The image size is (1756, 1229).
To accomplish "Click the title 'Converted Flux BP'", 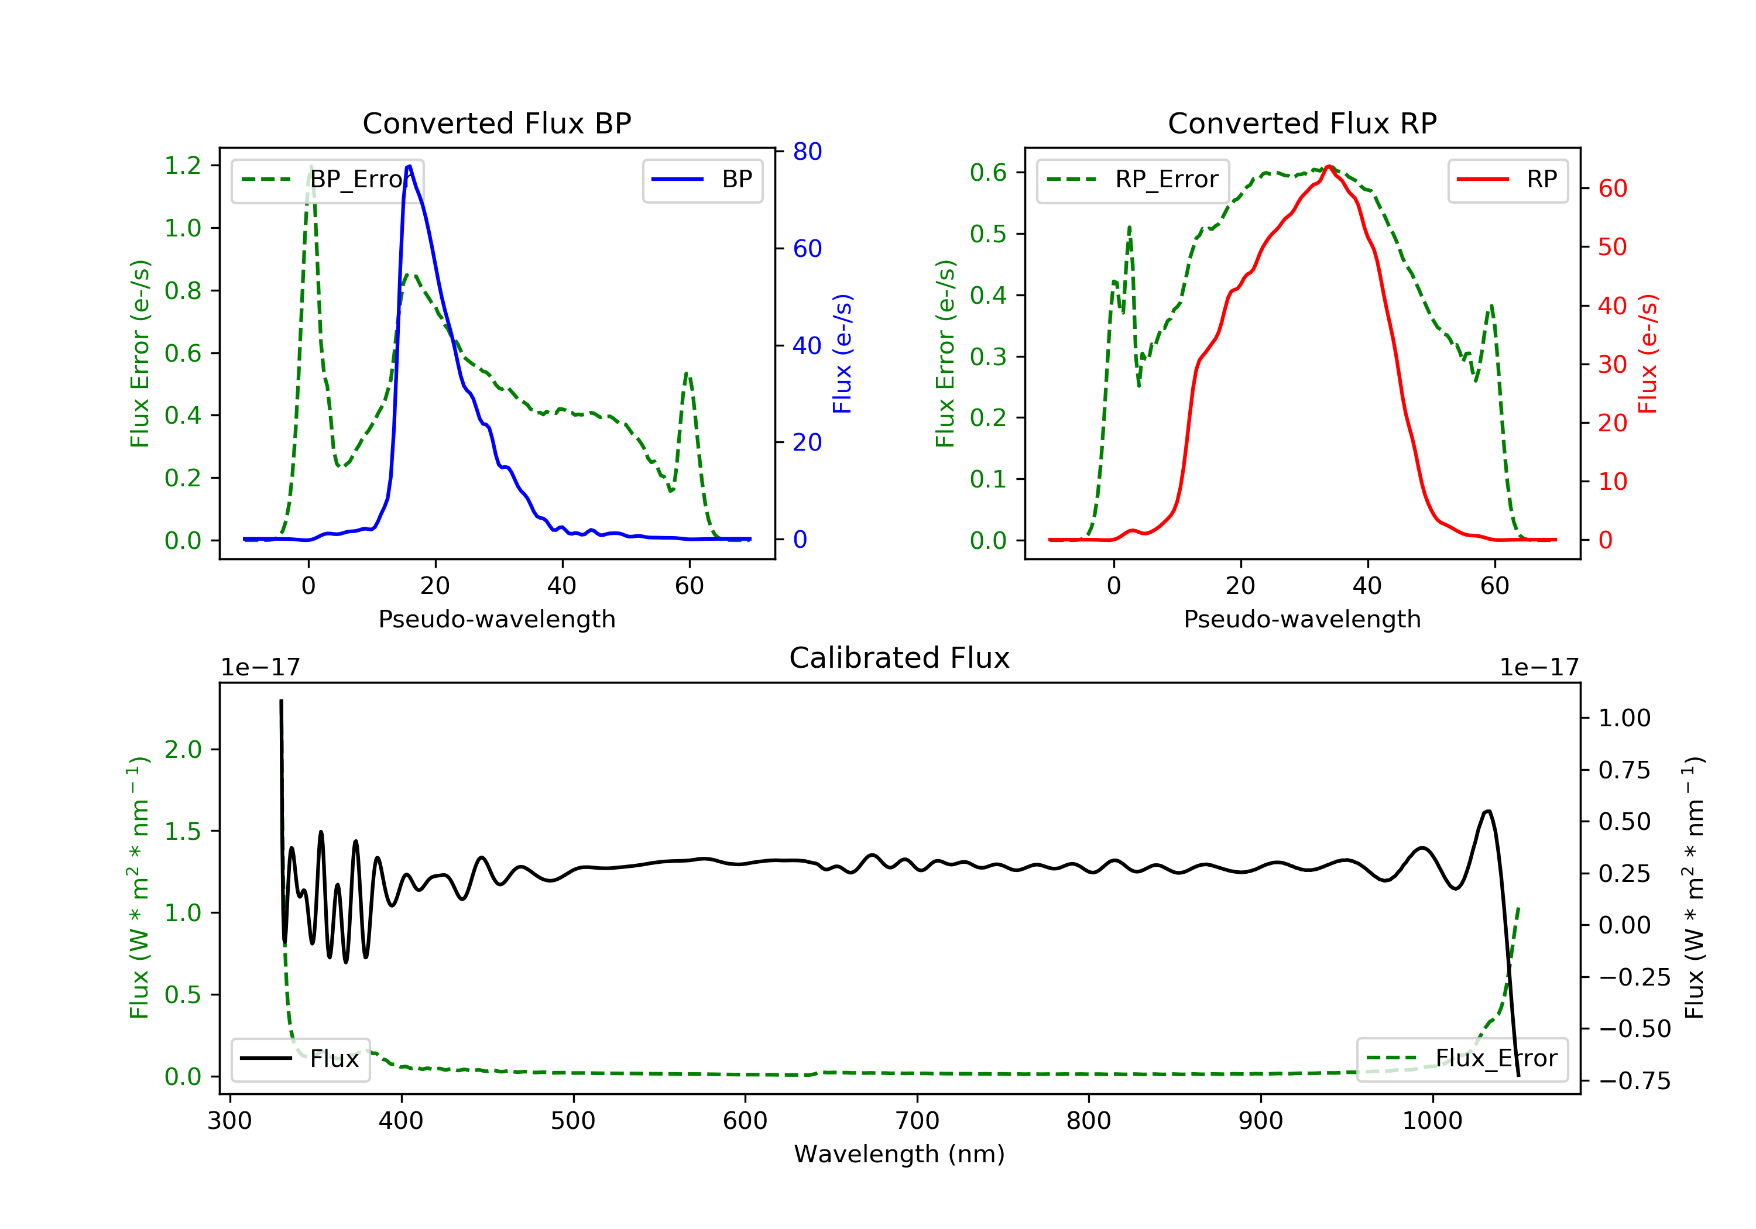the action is click(x=496, y=123).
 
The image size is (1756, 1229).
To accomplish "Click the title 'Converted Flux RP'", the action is click(x=1302, y=123).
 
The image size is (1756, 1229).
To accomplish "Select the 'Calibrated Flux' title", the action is click(x=900, y=658).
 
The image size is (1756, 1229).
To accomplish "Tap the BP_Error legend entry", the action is click(x=327, y=180).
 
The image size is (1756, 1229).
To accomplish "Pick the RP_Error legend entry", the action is click(x=1133, y=180).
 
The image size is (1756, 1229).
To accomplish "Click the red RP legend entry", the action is click(x=1507, y=180).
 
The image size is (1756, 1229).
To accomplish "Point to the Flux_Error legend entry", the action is click(x=1462, y=1059).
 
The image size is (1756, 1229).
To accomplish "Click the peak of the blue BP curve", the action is click(x=410, y=166).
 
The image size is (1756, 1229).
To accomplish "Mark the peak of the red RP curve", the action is click(x=1329, y=166).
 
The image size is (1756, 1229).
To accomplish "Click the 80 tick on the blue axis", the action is click(x=807, y=152).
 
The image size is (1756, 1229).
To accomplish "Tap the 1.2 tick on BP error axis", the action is click(x=183, y=165).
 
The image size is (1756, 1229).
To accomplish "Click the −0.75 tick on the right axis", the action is click(x=1634, y=1080).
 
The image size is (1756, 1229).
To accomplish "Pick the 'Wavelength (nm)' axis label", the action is click(x=900, y=1154).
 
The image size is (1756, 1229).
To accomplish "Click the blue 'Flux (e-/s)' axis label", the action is click(x=842, y=353).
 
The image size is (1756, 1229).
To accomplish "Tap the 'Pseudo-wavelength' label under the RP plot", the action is click(x=1302, y=619).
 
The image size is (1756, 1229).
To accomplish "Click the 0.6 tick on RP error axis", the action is click(x=988, y=173).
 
